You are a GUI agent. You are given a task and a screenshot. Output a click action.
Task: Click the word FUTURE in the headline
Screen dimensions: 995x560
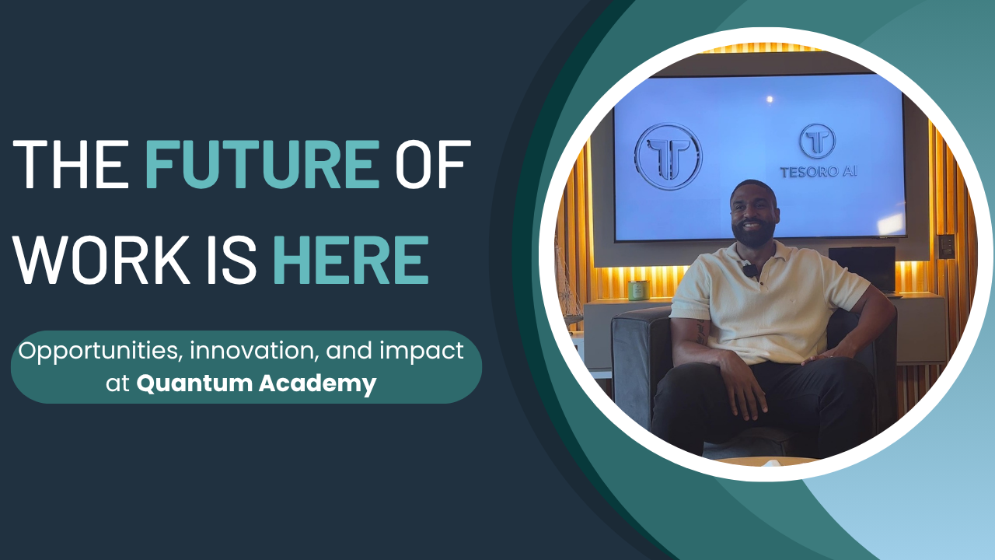[263, 164]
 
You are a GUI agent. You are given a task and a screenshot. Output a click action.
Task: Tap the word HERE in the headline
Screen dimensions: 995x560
[351, 260]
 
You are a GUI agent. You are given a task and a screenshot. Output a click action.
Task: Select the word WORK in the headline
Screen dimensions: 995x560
[102, 260]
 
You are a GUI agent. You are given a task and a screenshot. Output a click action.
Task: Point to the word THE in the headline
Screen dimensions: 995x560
[71, 164]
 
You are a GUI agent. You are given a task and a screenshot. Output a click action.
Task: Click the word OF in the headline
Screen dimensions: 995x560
[433, 164]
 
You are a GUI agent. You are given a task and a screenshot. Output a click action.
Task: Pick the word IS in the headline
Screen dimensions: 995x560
[232, 260]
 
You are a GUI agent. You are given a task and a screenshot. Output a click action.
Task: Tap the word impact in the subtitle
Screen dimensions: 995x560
[421, 352]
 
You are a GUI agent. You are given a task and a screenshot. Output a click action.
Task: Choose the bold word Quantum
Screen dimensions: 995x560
[194, 384]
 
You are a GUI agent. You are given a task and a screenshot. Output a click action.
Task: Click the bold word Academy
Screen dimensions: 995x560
[318, 384]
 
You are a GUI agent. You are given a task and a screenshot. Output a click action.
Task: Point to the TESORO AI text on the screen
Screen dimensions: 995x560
[819, 172]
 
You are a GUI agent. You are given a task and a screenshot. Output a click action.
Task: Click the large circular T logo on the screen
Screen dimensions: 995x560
[668, 157]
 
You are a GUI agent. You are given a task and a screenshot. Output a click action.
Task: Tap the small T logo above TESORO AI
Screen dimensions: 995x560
[818, 142]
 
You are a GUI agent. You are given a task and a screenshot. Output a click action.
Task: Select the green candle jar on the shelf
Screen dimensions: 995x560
[639, 291]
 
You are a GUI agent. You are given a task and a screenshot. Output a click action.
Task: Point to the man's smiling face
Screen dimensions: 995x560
[753, 213]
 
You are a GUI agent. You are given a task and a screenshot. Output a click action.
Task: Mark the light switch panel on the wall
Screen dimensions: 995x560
[946, 246]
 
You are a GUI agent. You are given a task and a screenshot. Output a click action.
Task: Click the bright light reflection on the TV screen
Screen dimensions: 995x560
[770, 99]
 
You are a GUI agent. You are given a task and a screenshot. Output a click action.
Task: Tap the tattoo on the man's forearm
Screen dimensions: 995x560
[701, 332]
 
